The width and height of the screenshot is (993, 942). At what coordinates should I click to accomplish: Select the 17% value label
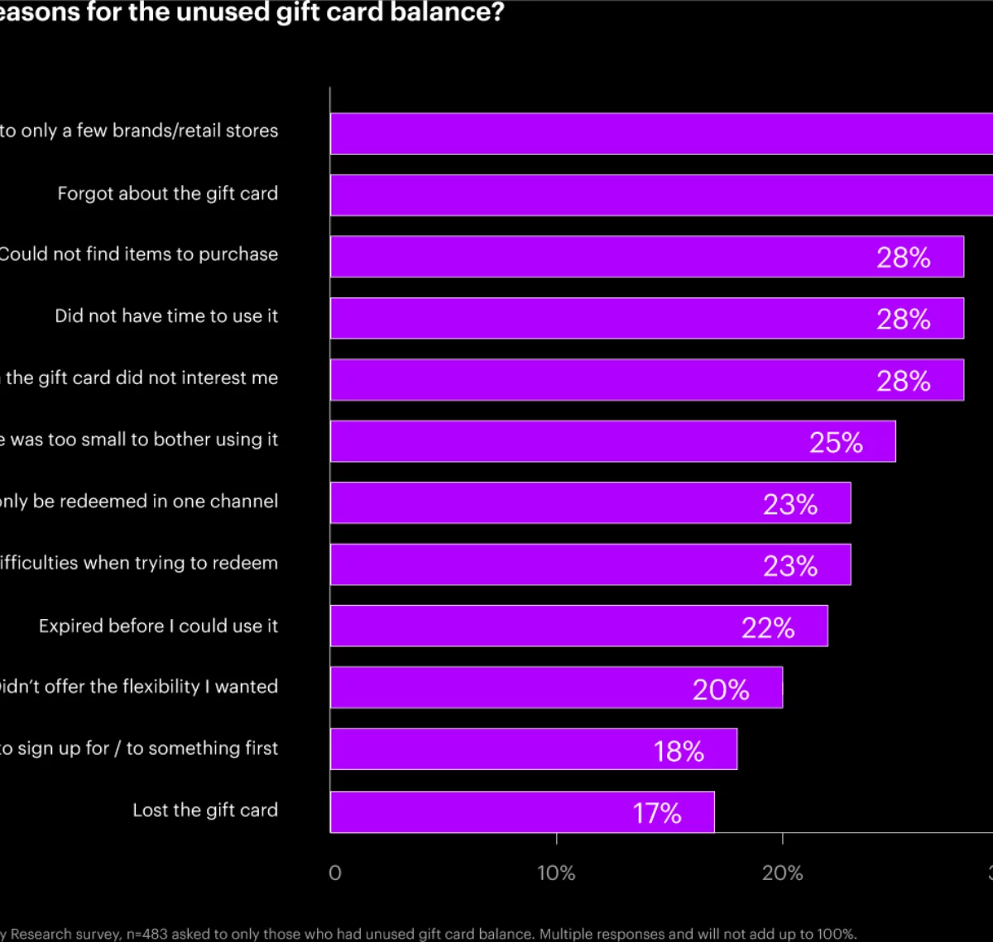pos(657,813)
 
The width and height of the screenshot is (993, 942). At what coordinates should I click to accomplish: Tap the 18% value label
pos(679,751)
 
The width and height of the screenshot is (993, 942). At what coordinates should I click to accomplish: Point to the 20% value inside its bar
pos(721,689)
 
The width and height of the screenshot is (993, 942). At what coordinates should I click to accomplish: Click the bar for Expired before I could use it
pos(538,626)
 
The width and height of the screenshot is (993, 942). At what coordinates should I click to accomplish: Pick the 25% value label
pos(836,442)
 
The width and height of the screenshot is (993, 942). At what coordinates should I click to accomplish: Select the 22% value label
pos(768,627)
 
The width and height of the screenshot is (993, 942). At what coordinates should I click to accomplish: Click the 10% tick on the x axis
pos(556,872)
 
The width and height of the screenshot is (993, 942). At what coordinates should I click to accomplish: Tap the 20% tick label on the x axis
pos(782,872)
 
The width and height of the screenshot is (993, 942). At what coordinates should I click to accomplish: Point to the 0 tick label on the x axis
pos(334,872)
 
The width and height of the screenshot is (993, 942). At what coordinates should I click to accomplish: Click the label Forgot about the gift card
pos(167,193)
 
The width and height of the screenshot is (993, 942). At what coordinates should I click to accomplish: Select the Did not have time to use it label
pos(166,315)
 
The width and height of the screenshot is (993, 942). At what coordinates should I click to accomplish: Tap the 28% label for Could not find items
pos(904,257)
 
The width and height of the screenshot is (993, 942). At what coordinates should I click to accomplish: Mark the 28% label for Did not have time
pos(904,319)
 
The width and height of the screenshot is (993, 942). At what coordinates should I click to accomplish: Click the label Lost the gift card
pos(205,810)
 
